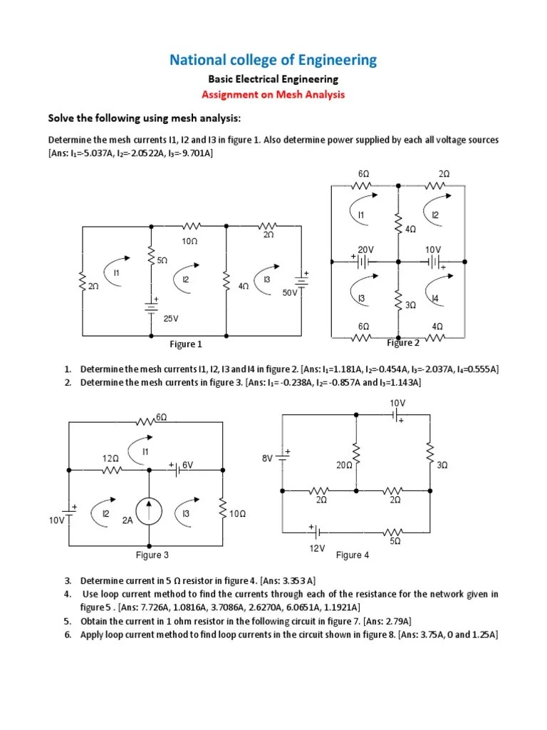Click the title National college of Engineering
coord(273,60)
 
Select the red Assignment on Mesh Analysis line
coord(273,94)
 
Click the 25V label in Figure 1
coord(171,319)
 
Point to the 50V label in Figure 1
coord(288,292)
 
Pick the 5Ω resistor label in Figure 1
coord(162,262)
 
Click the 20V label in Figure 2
coord(366,250)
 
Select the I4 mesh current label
coord(434,298)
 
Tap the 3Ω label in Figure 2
coord(410,305)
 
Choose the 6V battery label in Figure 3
coord(188,464)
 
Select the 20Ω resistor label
coord(345,465)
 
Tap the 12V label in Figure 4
coord(317,548)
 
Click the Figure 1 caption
coord(186,344)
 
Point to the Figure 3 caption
coord(152,555)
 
